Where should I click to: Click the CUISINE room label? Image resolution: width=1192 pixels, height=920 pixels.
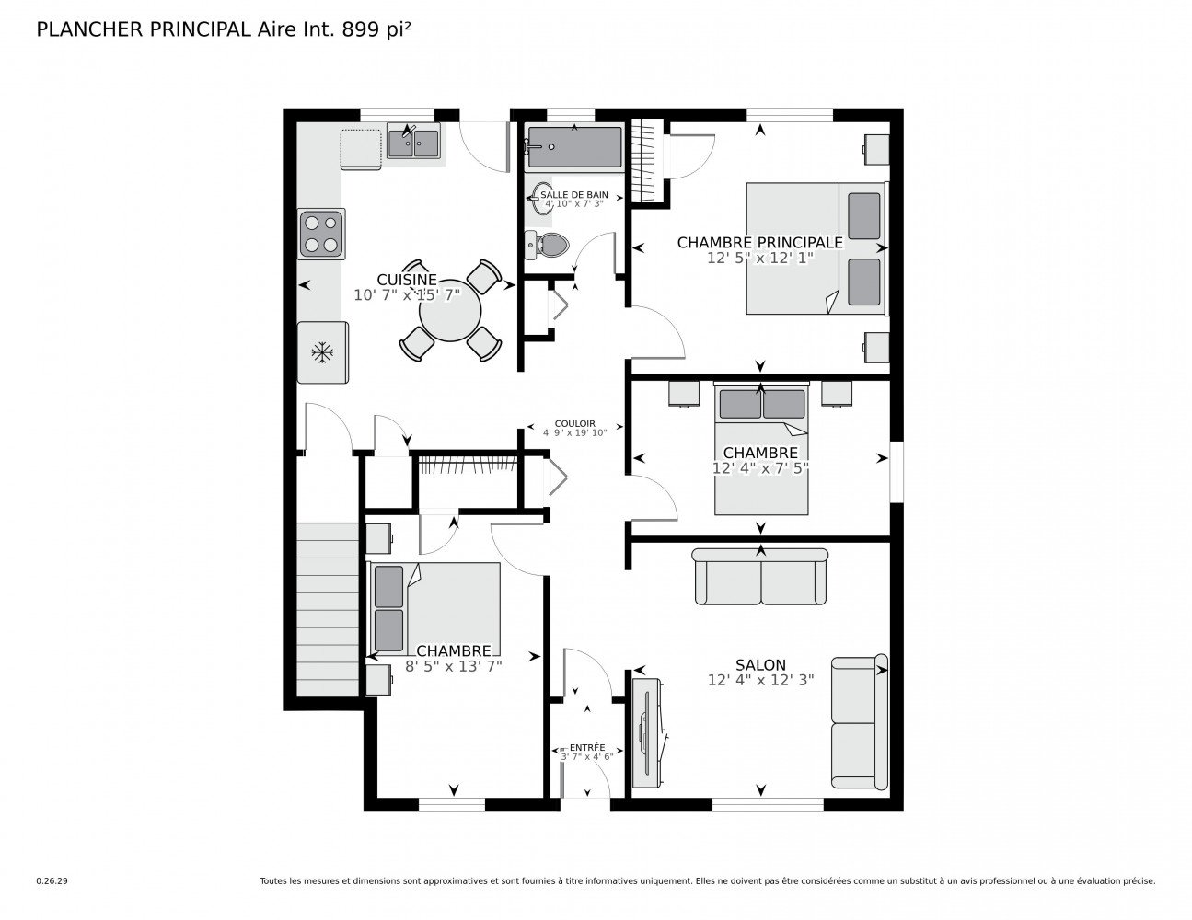point(406,280)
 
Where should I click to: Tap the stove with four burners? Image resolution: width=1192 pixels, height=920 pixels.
point(321,234)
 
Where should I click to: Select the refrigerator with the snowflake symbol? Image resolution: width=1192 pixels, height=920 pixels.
point(322,351)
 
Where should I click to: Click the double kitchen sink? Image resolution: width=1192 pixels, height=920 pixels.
point(413,144)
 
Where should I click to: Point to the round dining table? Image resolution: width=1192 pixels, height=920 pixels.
point(450,312)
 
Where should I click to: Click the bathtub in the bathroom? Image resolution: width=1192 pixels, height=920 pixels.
point(573,147)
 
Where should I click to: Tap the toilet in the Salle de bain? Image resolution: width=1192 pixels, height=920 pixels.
point(549,245)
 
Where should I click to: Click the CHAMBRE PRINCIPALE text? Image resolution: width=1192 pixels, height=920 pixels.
point(759,242)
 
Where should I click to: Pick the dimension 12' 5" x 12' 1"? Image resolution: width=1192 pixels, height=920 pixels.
point(760,259)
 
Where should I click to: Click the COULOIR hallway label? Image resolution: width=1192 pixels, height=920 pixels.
point(574,423)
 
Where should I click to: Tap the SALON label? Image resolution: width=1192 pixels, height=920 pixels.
point(760,664)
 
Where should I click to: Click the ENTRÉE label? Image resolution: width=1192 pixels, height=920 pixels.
point(587,747)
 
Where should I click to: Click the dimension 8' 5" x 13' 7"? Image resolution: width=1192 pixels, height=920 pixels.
point(453,666)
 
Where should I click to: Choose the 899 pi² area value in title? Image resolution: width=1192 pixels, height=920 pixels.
point(376,29)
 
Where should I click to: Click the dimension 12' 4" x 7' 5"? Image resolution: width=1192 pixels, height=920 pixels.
point(760,468)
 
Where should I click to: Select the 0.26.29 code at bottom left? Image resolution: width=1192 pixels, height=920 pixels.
point(52,880)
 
